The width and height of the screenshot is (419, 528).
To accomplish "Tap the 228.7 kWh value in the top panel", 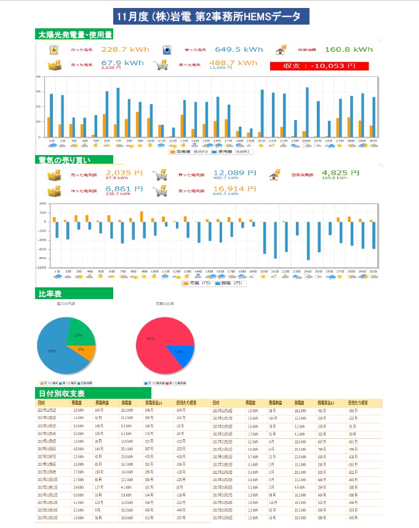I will pos(122,50).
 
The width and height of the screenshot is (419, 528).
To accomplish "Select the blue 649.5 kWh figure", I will pos(239,50).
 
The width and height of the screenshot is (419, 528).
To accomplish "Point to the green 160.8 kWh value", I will pos(348,50).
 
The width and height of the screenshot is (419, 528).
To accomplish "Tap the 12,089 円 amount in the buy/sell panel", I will pos(234,174).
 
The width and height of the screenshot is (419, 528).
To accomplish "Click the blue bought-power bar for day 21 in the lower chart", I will pos(276,240).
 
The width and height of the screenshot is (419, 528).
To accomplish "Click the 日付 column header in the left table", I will pos(41,403).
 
